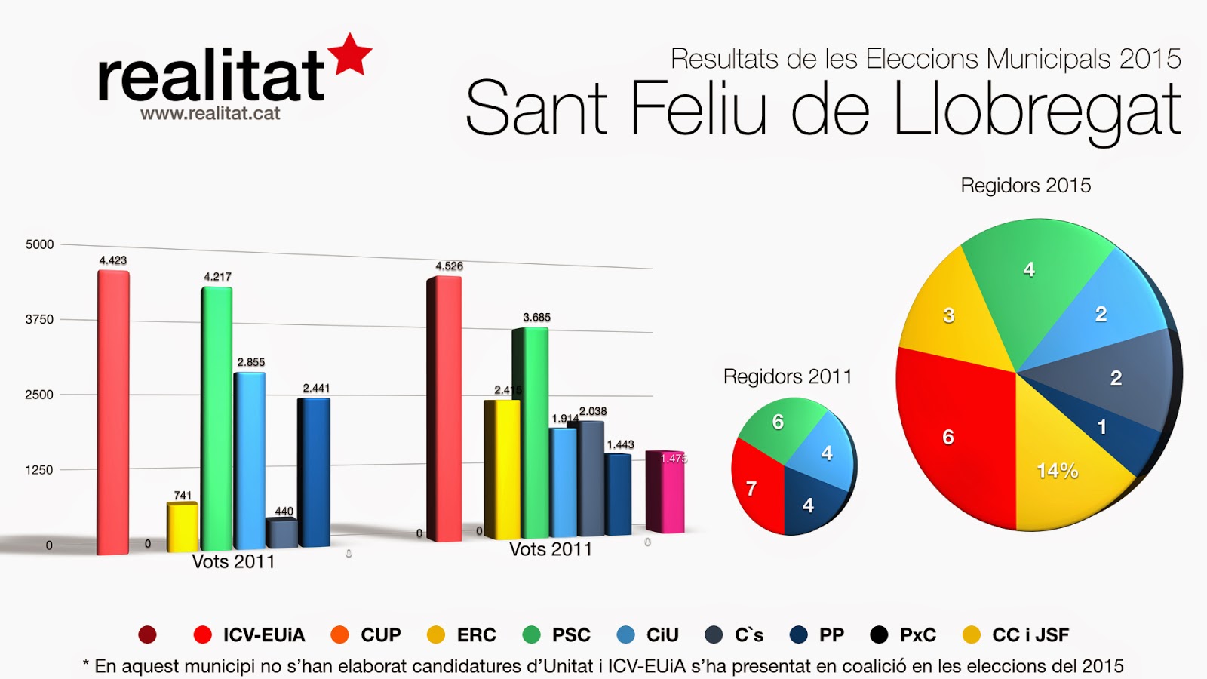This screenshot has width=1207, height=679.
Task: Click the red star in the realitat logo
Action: tap(351, 54)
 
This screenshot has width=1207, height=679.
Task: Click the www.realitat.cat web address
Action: tap(210, 114)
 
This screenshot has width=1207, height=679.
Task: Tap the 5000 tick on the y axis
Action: tap(39, 244)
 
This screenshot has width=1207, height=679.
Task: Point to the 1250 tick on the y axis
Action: tap(39, 470)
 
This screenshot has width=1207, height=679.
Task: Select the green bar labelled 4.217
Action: tap(217, 419)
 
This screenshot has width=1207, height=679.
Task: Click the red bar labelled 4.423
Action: tap(113, 411)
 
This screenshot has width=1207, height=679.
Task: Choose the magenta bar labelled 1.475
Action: tap(665, 492)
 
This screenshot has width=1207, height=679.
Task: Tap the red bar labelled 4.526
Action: tap(444, 407)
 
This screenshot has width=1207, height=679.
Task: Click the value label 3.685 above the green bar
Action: tap(536, 318)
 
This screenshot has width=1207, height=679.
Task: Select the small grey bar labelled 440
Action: tap(281, 533)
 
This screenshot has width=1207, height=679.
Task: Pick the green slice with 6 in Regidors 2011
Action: tap(781, 426)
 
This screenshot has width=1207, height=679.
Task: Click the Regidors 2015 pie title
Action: tap(1025, 186)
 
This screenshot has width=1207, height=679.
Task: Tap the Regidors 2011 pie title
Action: tap(788, 376)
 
